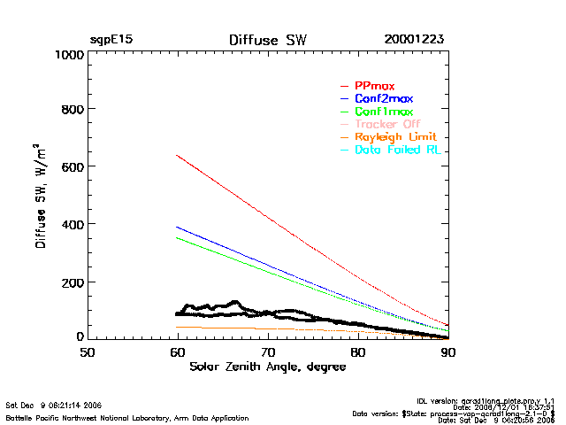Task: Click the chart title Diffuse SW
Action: tap(267, 40)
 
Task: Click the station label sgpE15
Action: tap(111, 40)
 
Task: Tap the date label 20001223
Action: tap(414, 40)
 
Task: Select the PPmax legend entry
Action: tap(374, 85)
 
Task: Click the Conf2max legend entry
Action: tap(383, 98)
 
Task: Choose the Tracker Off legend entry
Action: tap(387, 124)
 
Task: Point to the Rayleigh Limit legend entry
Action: tap(394, 137)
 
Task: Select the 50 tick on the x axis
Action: tap(88, 352)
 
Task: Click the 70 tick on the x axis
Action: tap(268, 352)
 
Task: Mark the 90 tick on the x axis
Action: tap(448, 352)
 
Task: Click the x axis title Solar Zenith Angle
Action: tap(267, 367)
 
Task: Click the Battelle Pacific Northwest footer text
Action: tap(127, 417)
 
